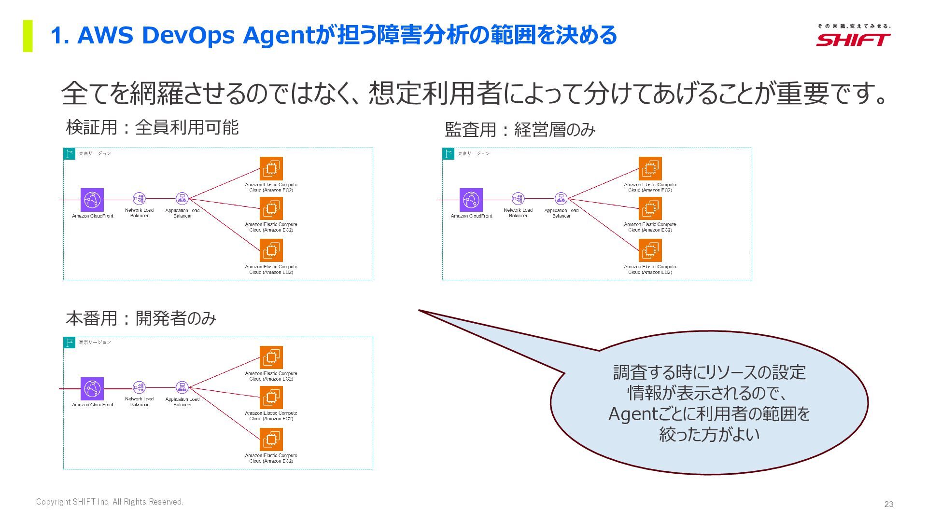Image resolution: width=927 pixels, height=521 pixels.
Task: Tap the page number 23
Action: point(889,504)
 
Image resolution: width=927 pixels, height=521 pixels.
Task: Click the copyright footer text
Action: point(110,502)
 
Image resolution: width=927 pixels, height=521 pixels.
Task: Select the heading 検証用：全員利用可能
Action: point(152,127)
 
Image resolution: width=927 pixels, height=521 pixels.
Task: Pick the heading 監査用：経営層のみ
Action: point(520,129)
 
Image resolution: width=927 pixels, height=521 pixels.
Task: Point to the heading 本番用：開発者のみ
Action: point(141,318)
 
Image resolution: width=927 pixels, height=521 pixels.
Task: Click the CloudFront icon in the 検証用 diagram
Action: point(92,199)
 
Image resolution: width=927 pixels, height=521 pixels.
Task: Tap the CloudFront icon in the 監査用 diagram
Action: point(471,199)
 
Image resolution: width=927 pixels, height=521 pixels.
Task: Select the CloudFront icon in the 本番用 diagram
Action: point(92,388)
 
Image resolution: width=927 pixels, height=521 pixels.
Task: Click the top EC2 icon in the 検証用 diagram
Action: point(271,168)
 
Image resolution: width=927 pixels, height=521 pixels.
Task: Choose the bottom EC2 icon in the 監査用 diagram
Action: point(650,250)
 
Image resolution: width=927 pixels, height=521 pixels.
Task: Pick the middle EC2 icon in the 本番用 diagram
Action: point(271,398)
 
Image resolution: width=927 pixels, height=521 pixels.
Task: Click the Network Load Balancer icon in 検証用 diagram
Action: point(139,199)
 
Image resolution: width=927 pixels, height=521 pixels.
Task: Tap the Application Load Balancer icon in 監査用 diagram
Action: point(561,199)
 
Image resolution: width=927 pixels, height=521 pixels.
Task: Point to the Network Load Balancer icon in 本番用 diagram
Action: point(139,387)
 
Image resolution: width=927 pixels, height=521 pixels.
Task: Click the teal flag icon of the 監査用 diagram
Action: point(449,154)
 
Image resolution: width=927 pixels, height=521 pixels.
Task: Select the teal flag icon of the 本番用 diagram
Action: point(70,343)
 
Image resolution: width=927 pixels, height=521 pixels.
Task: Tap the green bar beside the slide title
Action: point(28,36)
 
